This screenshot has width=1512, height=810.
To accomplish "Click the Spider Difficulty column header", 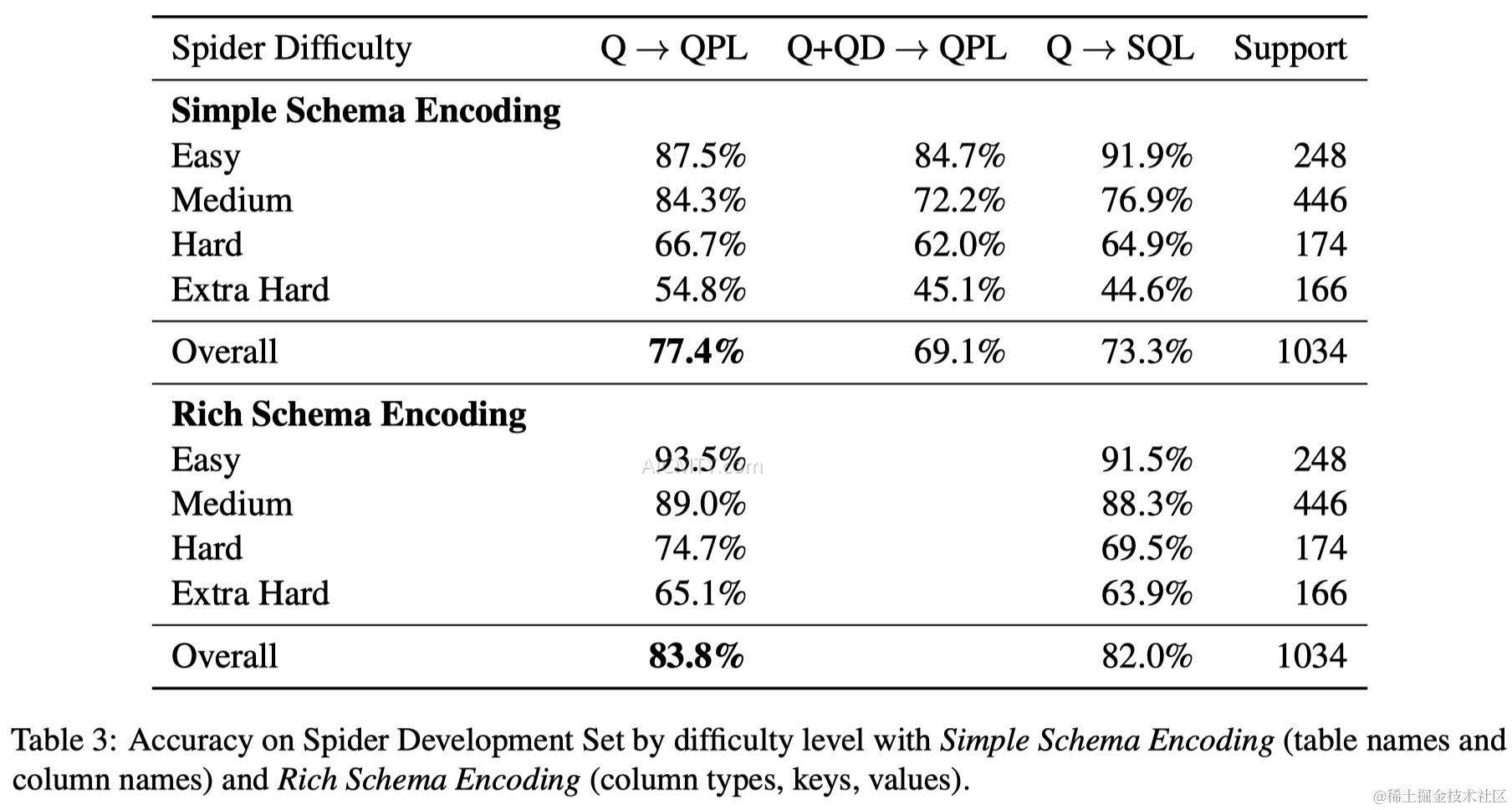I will point(291,49).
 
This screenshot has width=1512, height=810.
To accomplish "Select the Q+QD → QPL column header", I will point(896,49).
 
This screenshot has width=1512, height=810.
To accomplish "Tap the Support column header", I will point(1290,49).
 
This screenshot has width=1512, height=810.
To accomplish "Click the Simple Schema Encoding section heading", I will point(365,110).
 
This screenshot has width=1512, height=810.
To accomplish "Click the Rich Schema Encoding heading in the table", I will point(349,414).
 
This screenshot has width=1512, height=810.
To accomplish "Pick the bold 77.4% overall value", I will point(696,351).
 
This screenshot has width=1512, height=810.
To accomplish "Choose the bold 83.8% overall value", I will point(696,656).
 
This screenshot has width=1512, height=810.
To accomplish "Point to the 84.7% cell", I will point(958,156).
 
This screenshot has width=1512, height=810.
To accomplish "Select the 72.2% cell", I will point(958,201).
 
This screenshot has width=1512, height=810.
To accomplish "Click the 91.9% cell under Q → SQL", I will point(1146,156).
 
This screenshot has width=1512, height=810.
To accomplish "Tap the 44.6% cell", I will point(1146,290).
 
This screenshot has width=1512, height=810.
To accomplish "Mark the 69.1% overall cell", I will point(958,351).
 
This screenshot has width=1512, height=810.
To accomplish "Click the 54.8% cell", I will point(699,290).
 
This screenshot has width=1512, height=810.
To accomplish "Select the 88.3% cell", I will point(1146,505).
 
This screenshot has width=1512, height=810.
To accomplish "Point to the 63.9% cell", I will point(1146,593).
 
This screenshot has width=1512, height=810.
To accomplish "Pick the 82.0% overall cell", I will point(1146,656).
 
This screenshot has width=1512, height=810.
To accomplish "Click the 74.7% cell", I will point(699,549).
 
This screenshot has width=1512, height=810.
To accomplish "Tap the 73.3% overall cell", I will point(1146,351).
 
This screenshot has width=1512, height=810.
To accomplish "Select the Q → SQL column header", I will point(1119,49).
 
